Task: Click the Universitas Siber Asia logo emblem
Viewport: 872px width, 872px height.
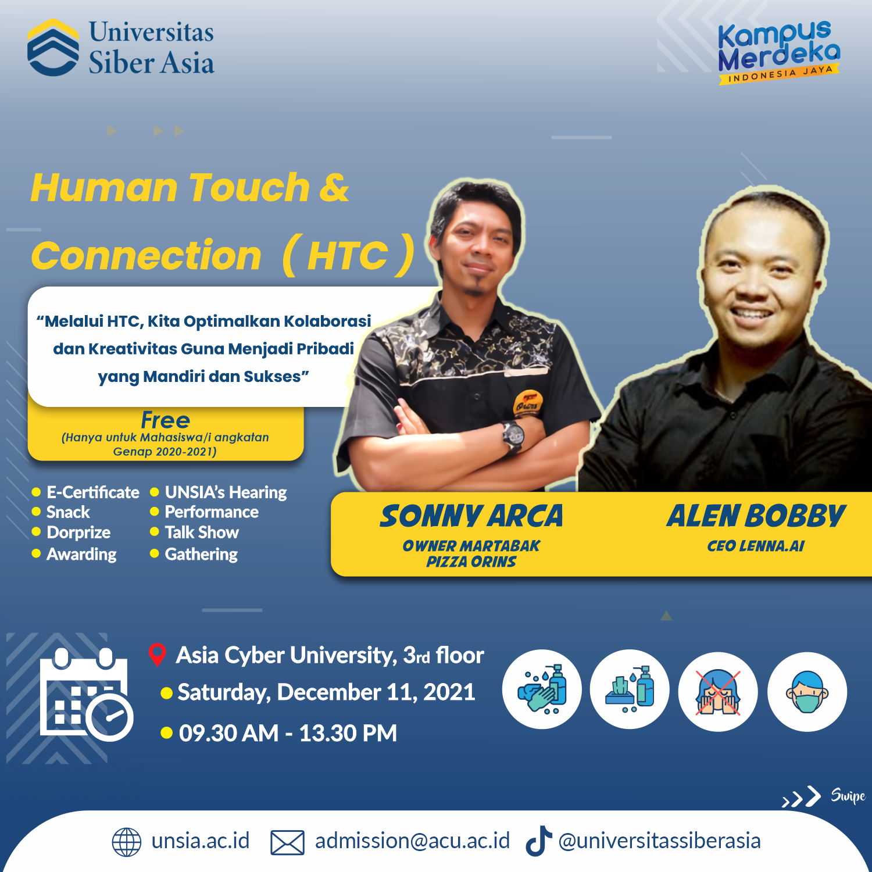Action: pos(53,47)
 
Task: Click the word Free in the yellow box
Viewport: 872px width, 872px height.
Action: pos(166,420)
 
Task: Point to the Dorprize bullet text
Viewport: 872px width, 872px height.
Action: pos(78,533)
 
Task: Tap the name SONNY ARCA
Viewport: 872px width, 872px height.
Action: pos(471,516)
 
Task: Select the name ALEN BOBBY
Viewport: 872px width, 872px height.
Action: pos(756,516)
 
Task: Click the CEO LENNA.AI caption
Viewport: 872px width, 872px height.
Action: pos(756,546)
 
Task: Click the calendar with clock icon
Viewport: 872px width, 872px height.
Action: pos(87,695)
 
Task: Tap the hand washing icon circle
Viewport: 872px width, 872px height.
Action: pos(542,689)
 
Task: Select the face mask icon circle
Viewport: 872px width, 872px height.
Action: pos(807,692)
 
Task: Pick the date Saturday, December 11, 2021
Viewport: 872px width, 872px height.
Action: pos(326,692)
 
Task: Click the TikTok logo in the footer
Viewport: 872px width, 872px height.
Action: pos(538,841)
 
